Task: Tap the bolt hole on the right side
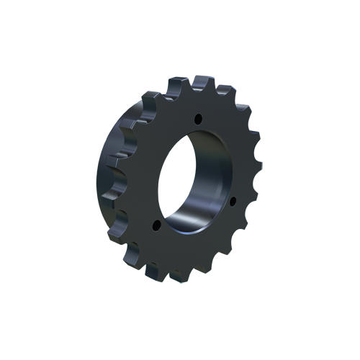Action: tap(232, 202)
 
